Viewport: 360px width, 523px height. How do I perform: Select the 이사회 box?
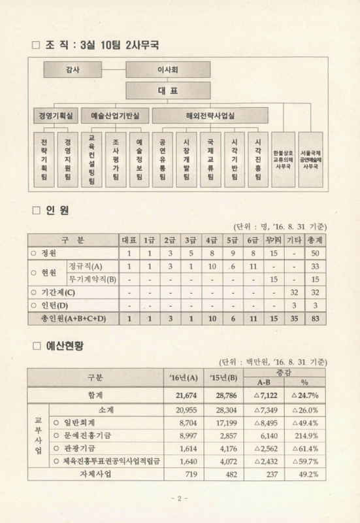pos(169,69)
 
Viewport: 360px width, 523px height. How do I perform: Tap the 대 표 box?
pos(169,91)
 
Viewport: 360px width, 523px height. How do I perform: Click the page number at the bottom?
pos(179,499)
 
